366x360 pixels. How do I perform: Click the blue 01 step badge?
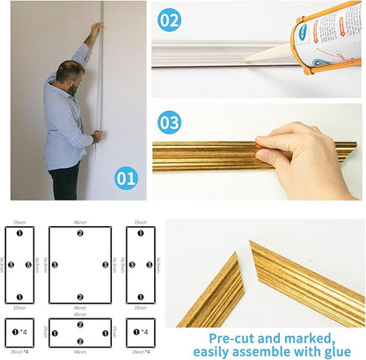pyautogui.click(x=126, y=179)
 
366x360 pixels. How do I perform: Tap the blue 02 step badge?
pyautogui.click(x=170, y=18)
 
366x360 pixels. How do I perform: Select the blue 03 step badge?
pyautogui.click(x=170, y=121)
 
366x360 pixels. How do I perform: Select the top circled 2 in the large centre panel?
pyautogui.click(x=80, y=233)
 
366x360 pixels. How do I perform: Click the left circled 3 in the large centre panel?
pyautogui.click(x=55, y=264)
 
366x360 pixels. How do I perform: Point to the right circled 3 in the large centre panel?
pyautogui.click(x=105, y=264)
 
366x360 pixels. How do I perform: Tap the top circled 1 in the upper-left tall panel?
pyautogui.click(x=18, y=233)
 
